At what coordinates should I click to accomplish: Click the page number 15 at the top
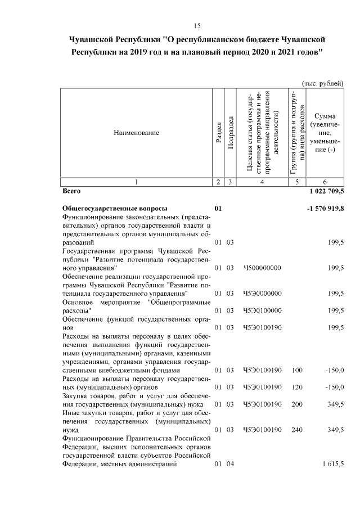tap(197, 26)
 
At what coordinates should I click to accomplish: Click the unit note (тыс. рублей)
tap(323, 83)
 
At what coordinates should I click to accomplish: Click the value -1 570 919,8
tap(325, 208)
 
